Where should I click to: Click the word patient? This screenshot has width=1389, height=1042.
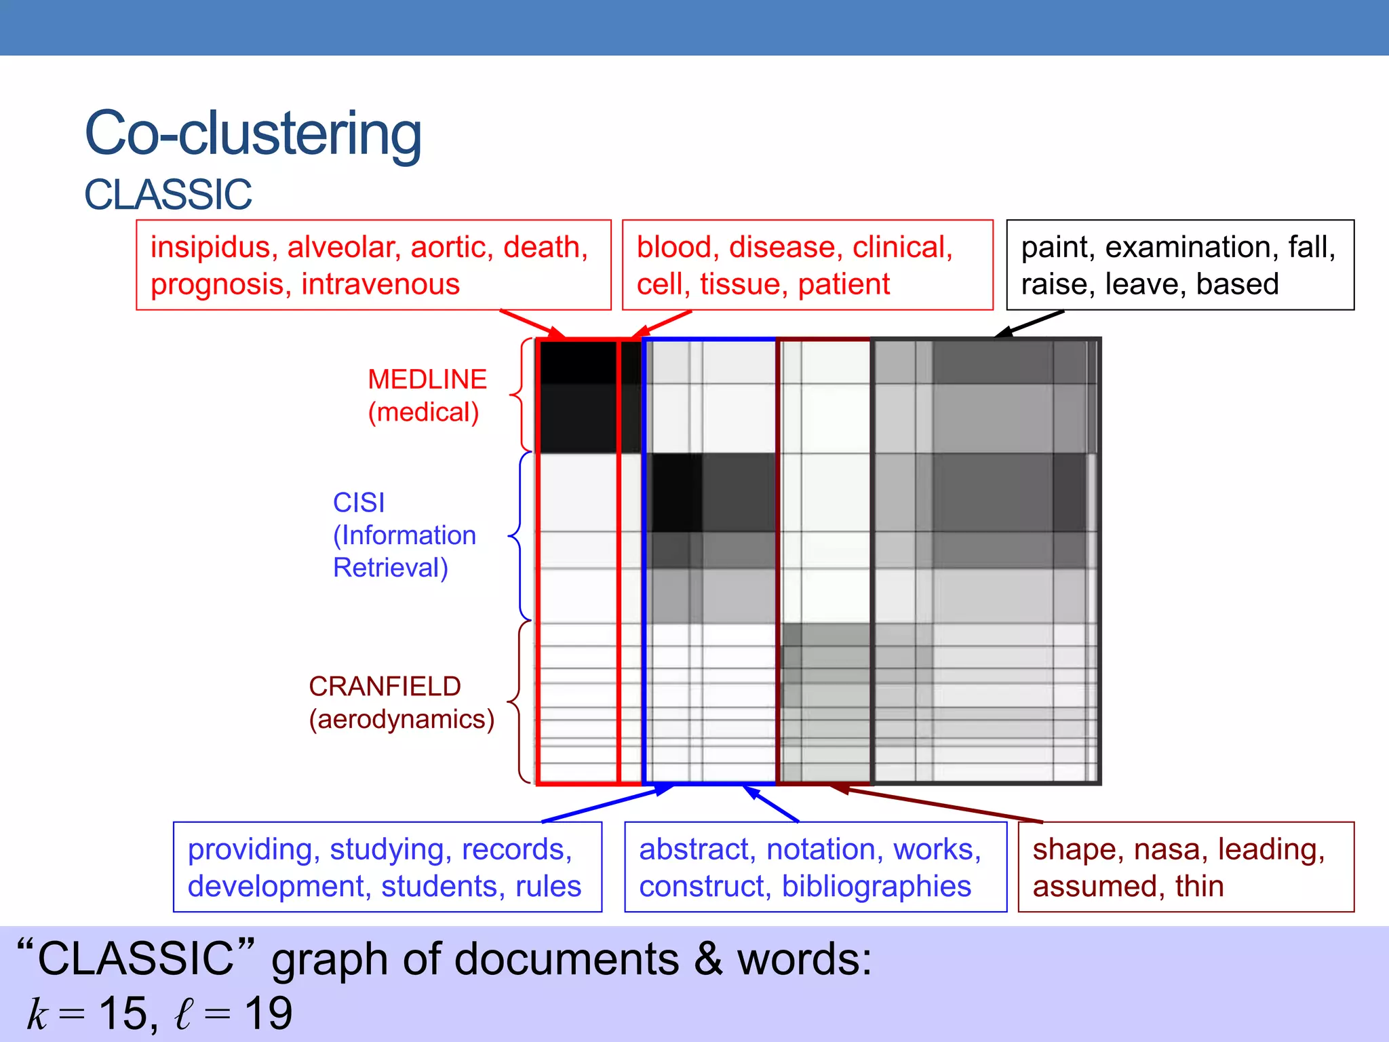click(x=843, y=284)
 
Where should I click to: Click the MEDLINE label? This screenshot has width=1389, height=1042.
click(x=427, y=379)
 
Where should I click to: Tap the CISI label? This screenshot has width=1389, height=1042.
click(x=358, y=503)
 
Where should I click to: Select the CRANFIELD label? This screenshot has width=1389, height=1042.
click(x=385, y=687)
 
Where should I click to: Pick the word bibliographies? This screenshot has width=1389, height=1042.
click(x=876, y=887)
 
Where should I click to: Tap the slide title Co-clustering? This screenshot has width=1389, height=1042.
click(x=253, y=133)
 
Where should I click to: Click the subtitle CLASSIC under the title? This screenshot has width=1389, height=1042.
click(x=168, y=195)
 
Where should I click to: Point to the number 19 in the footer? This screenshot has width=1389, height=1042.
click(x=269, y=1014)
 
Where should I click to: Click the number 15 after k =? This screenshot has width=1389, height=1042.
click(x=123, y=1014)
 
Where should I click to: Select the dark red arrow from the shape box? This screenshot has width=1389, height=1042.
click(x=936, y=805)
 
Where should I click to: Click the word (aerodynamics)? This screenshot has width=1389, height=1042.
click(x=402, y=719)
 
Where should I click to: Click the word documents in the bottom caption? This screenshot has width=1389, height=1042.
click(x=566, y=959)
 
